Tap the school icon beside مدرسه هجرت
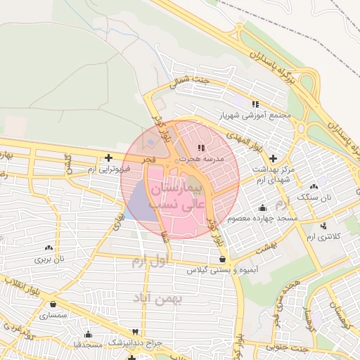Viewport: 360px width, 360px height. [x=201, y=148]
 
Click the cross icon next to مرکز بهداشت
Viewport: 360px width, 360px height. [x=273, y=158]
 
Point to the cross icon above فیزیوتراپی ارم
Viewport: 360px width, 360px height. [x=108, y=158]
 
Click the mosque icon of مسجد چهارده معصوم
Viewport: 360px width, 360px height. [x=262, y=207]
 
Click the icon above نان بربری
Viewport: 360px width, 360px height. [x=49, y=247]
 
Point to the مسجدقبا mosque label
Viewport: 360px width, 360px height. [x=88, y=345]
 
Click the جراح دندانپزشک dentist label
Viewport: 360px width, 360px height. [x=134, y=342]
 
